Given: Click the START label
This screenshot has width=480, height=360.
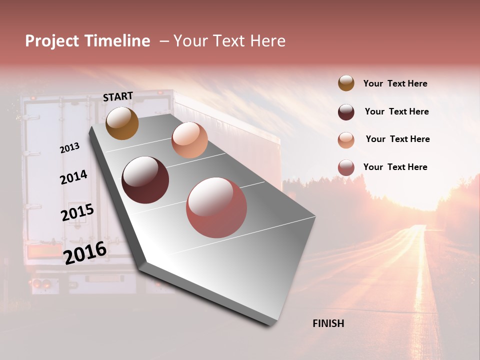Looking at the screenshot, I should (118, 96).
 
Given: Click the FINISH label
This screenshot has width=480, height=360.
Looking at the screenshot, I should (328, 323).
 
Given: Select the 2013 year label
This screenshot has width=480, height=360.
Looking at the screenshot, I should (69, 148).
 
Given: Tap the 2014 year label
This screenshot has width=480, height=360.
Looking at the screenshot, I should (73, 177).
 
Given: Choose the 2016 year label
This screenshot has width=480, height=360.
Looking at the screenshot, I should (85, 252).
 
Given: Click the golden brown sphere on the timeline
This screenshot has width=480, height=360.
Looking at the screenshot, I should (122, 123).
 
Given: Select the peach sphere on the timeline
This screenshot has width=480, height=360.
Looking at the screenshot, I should (189, 140).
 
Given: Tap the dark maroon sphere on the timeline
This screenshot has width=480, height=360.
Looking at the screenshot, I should (145, 180).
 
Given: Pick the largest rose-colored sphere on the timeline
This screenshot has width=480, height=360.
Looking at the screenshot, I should (216, 207).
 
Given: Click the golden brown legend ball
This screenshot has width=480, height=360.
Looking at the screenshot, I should (346, 83).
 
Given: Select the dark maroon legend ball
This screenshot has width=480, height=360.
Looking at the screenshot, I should (346, 112).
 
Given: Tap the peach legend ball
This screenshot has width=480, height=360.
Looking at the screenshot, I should (346, 140).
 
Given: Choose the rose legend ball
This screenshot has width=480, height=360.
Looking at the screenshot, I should (346, 167).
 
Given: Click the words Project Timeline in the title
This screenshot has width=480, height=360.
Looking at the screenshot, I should (87, 41).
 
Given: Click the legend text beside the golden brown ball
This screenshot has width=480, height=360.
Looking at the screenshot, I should (395, 83).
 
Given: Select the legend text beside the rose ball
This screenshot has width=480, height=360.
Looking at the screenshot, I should (395, 167).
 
